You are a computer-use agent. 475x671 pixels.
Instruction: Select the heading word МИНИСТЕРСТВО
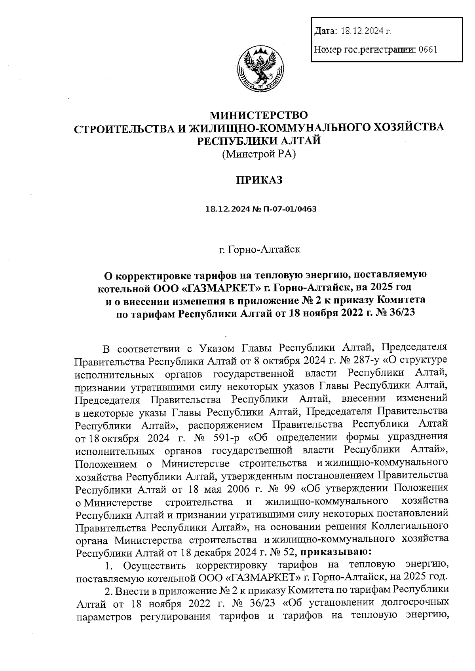coord(258,115)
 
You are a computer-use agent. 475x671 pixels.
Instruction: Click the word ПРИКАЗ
coord(259,180)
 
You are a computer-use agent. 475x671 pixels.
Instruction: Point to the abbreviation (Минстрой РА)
coord(259,154)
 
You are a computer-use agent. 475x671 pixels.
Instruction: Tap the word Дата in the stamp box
coord(324,31)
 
